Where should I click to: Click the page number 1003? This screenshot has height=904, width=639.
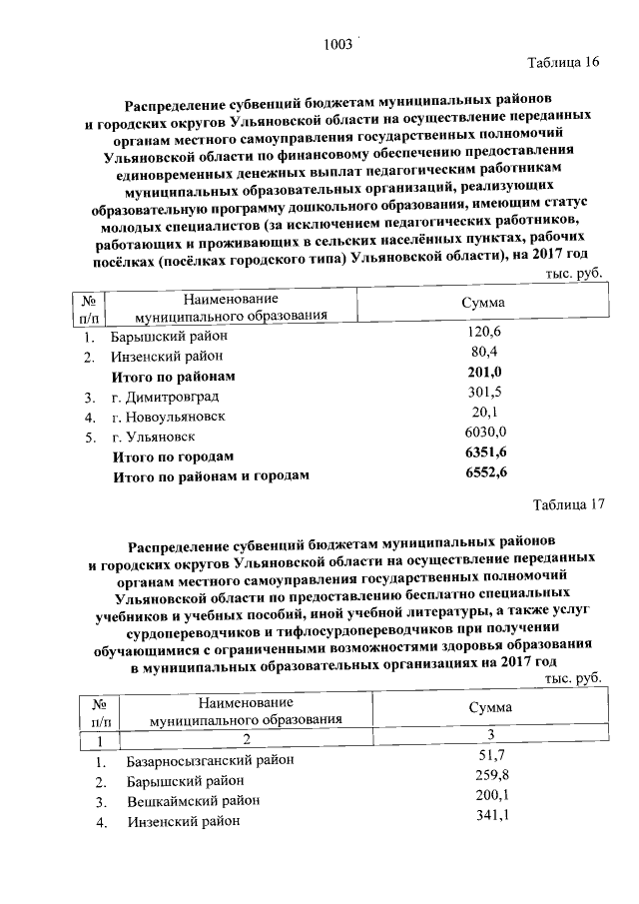(338, 44)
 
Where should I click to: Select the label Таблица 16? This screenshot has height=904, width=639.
(563, 63)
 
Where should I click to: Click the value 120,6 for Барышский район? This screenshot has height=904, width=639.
(484, 332)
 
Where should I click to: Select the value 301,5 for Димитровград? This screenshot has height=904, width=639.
(484, 394)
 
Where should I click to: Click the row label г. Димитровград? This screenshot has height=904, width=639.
(163, 397)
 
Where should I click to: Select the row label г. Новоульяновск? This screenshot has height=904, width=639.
(169, 417)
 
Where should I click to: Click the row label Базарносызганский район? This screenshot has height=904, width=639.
(211, 761)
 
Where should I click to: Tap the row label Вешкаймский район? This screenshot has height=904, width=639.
(193, 801)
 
